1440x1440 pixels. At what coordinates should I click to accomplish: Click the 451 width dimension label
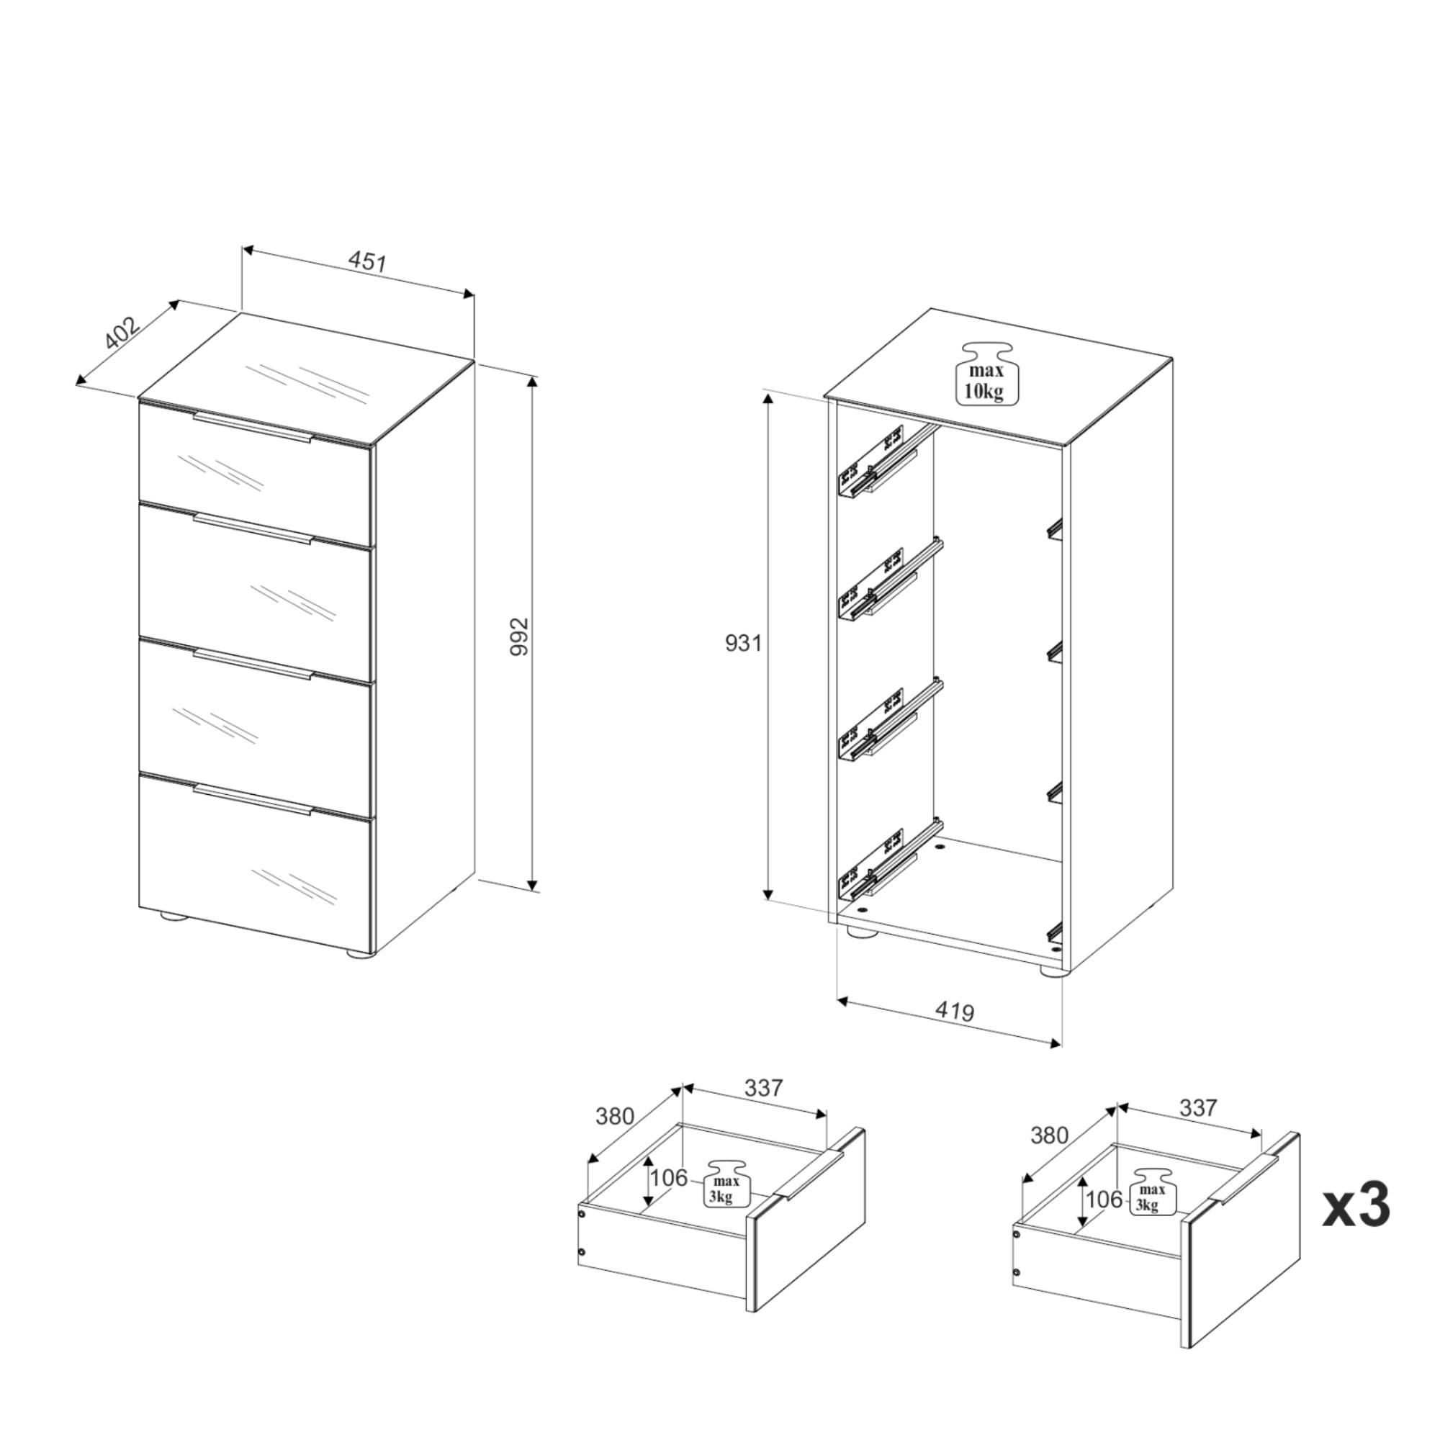[x=367, y=261]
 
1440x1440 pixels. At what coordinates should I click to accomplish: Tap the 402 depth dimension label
[x=122, y=333]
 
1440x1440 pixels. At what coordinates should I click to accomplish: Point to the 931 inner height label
[x=743, y=642]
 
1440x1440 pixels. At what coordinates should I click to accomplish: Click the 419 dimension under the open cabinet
[x=955, y=1012]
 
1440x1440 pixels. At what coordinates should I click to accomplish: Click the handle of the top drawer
[x=253, y=427]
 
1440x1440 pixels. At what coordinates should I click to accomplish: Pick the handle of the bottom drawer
[x=253, y=799]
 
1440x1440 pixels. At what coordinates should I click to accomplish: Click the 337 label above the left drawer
[x=764, y=1088]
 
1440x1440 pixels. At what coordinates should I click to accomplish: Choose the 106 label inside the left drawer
[x=669, y=1178]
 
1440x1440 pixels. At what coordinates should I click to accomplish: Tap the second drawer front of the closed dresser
[x=255, y=592]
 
